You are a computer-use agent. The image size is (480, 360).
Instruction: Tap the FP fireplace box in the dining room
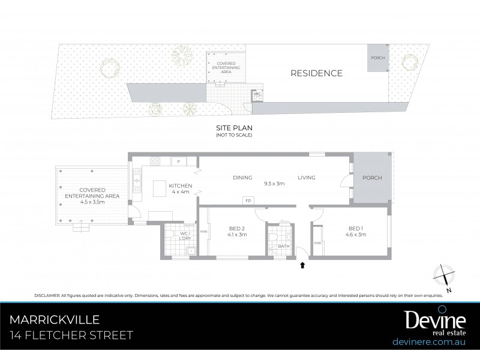click(247, 200)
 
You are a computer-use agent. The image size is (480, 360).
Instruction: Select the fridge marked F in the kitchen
click(179, 162)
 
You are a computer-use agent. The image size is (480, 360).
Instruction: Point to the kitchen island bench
click(159, 189)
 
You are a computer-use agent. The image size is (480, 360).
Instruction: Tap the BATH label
click(284, 245)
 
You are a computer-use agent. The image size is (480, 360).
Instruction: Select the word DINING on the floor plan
click(242, 178)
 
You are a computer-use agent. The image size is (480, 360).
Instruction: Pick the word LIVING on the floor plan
click(306, 178)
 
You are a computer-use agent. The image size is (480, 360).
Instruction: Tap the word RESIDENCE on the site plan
click(316, 73)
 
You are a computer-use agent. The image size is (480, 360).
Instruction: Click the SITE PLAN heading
click(234, 128)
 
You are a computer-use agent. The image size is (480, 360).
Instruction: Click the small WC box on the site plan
click(257, 95)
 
